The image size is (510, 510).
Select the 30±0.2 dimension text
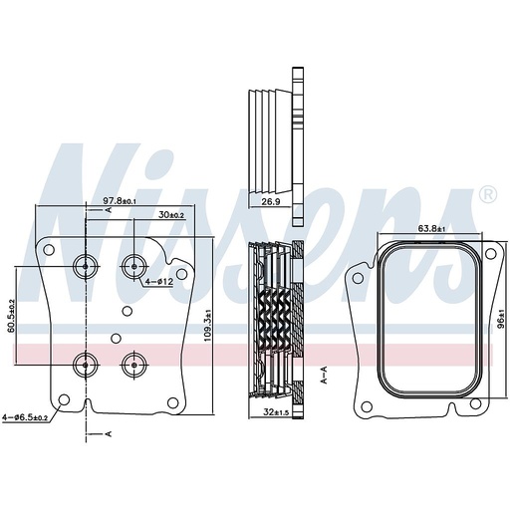pyautogui.click(x=171, y=215)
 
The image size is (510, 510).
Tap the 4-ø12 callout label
pyautogui.click(x=159, y=282)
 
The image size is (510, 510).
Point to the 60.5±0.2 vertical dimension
pyautogui.click(x=11, y=315)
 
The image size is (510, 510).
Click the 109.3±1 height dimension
pyautogui.click(x=207, y=325)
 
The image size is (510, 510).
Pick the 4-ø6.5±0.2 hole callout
pyautogui.click(x=24, y=417)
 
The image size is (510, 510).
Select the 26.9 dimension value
pyautogui.click(x=271, y=201)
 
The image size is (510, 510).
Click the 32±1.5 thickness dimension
pyautogui.click(x=276, y=412)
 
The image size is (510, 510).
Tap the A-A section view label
pyautogui.click(x=324, y=375)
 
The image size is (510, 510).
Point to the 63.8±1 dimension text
pyautogui.click(x=431, y=228)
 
